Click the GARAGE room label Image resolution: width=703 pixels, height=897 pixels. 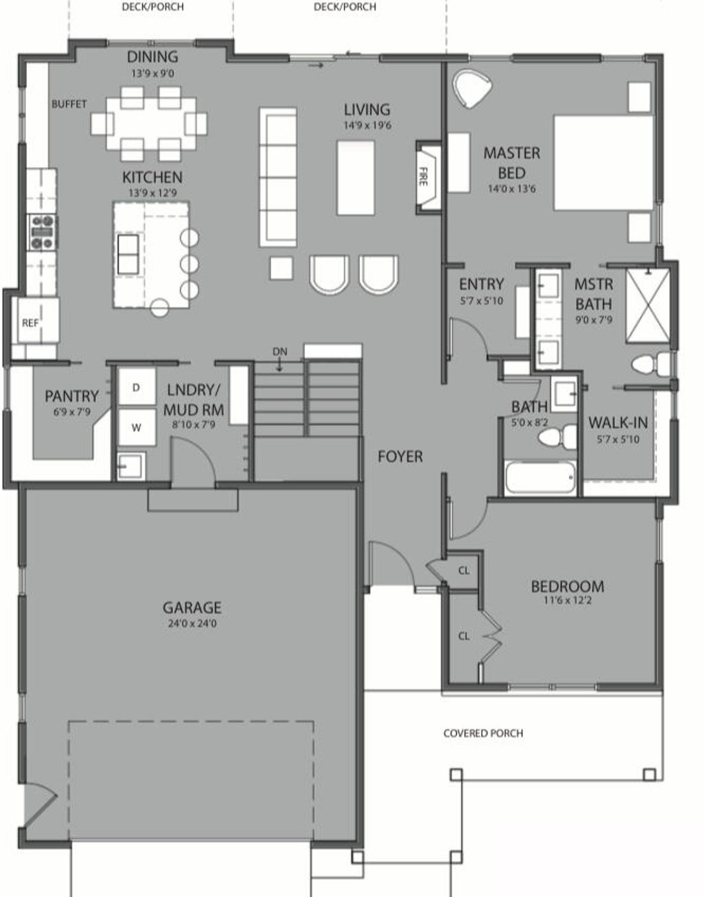pos(192,607)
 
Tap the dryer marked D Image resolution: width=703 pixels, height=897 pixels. pos(136,388)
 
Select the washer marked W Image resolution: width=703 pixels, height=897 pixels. pos(136,427)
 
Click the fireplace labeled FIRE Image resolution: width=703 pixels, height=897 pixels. pos(426,177)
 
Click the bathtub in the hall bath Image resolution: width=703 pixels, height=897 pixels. pos(540,477)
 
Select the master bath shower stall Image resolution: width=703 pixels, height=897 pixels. pos(647,306)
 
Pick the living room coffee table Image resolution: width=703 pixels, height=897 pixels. pos(356,177)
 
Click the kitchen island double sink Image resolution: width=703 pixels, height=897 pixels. pos(128,254)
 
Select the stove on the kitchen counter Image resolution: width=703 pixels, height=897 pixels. pos(42,232)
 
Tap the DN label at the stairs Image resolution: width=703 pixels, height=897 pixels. pos(279,352)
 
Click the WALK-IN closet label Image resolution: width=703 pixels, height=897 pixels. pos(618,422)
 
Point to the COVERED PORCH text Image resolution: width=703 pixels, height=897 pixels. pos(483,733)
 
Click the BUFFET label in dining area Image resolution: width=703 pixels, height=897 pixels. pos(69,104)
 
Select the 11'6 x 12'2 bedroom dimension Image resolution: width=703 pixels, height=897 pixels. pos(566,600)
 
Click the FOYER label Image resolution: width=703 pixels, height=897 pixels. pos(400,456)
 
